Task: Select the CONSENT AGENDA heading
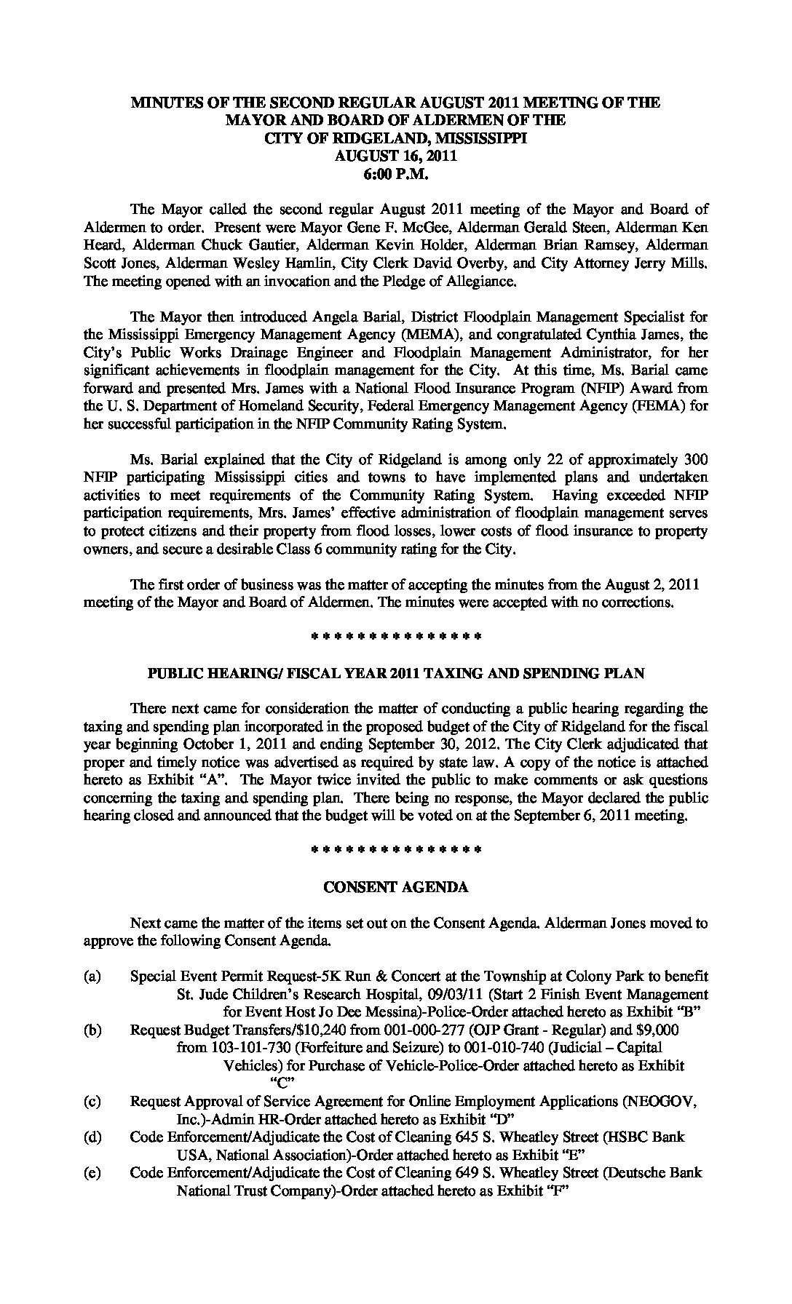coord(395,887)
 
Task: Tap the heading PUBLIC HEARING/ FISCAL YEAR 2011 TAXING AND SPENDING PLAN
coord(396,673)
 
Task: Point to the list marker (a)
coord(92,976)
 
